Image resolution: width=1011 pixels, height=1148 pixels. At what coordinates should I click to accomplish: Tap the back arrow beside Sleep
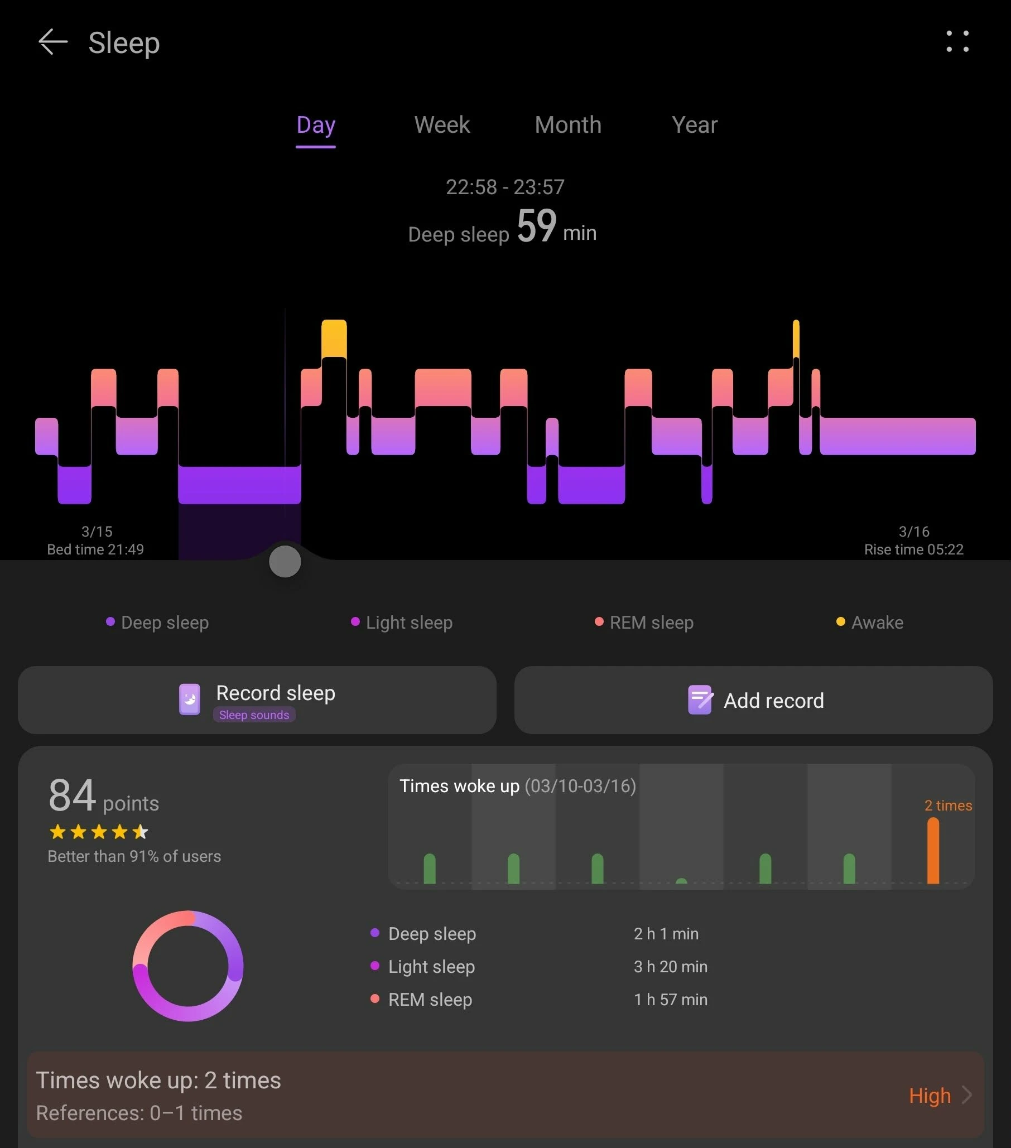click(53, 42)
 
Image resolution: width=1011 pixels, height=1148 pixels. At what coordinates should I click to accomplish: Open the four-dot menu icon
click(957, 42)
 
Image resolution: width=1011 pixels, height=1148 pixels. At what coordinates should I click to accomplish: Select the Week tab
click(442, 125)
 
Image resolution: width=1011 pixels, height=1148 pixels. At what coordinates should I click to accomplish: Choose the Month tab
click(568, 125)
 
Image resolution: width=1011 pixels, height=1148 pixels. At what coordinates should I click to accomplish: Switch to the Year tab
click(694, 125)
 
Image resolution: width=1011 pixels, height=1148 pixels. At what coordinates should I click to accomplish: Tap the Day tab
click(316, 125)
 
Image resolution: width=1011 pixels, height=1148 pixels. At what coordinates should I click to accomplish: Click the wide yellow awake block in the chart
click(334, 338)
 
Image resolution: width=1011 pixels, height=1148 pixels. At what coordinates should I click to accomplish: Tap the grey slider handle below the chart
click(285, 561)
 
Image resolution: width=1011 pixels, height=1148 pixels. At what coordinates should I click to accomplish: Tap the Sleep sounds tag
click(254, 715)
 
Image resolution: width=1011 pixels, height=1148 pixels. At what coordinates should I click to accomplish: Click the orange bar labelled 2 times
click(933, 850)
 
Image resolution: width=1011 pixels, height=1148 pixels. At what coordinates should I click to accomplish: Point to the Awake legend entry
click(870, 623)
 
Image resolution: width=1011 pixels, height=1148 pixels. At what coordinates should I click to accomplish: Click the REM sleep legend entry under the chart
click(644, 623)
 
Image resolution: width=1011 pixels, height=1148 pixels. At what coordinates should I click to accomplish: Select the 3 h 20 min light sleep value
click(671, 967)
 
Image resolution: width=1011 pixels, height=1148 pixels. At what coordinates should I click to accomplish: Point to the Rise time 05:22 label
click(913, 549)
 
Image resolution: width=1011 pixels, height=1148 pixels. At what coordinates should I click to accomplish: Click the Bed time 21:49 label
click(95, 549)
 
